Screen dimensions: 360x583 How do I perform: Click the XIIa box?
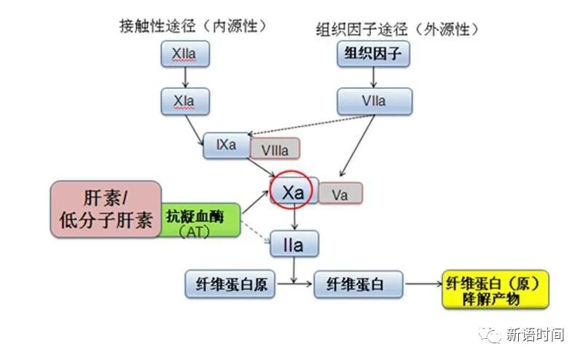185,55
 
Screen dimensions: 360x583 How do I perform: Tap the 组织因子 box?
372,55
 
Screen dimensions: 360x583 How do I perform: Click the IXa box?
227,145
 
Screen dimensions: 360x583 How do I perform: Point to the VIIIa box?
275,150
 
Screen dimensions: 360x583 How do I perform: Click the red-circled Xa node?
292,192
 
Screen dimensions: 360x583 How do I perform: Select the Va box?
340,194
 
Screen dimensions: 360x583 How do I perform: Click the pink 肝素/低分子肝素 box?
106,210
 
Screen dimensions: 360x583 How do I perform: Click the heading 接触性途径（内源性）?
193,26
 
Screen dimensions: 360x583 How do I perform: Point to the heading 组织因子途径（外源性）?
398,28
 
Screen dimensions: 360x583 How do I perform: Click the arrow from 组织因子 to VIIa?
373,77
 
